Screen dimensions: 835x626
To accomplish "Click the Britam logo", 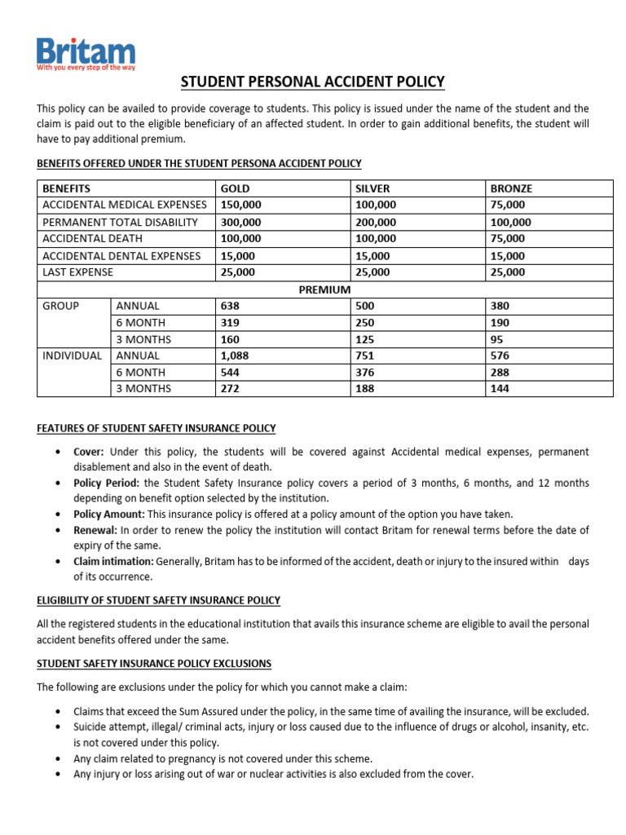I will pyautogui.click(x=86, y=54).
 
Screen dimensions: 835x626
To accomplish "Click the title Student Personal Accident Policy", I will pyautogui.click(x=312, y=82).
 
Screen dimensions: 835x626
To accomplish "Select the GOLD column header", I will pyautogui.click(x=235, y=188).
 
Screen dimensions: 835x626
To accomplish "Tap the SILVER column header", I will pyautogui.click(x=373, y=188).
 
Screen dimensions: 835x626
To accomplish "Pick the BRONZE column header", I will pyautogui.click(x=511, y=188).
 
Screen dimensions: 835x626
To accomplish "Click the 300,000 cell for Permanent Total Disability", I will pyautogui.click(x=240, y=222).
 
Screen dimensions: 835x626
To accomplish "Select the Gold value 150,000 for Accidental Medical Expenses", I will pyautogui.click(x=240, y=205).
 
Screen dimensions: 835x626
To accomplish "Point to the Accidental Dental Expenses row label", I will pyautogui.click(x=121, y=255).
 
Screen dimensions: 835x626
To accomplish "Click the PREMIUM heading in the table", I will pyautogui.click(x=324, y=289).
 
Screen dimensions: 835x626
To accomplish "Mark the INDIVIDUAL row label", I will pyautogui.click(x=73, y=356).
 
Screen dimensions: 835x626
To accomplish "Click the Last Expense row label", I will pyautogui.click(x=77, y=272).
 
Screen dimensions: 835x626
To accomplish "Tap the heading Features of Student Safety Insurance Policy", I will pyautogui.click(x=156, y=427).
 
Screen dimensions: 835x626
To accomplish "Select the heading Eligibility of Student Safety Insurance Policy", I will pyautogui.click(x=159, y=600).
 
